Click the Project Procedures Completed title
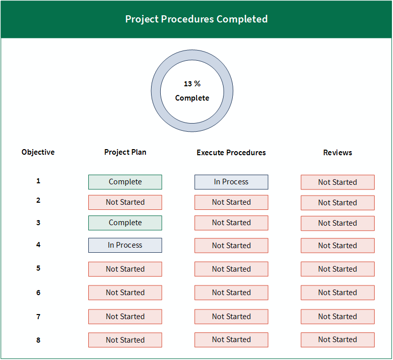[x=196, y=19]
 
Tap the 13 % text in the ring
[x=192, y=84]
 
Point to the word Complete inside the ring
[x=192, y=98]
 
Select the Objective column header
[x=38, y=152]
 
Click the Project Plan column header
[x=126, y=152]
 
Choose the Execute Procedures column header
[x=231, y=152]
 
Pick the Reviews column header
[x=337, y=152]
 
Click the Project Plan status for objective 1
[x=125, y=182]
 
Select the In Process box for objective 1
[x=231, y=182]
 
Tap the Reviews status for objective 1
[x=337, y=182]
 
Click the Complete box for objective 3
[x=125, y=223]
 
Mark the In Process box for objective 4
[x=125, y=245]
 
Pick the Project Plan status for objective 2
[x=125, y=203]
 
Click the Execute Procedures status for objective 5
[x=231, y=269]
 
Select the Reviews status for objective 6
[x=337, y=293]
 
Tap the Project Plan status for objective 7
[x=125, y=317]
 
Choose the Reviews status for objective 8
[x=337, y=340]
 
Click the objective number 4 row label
[x=38, y=245]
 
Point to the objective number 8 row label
[x=38, y=340]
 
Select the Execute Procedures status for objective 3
[x=231, y=223]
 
